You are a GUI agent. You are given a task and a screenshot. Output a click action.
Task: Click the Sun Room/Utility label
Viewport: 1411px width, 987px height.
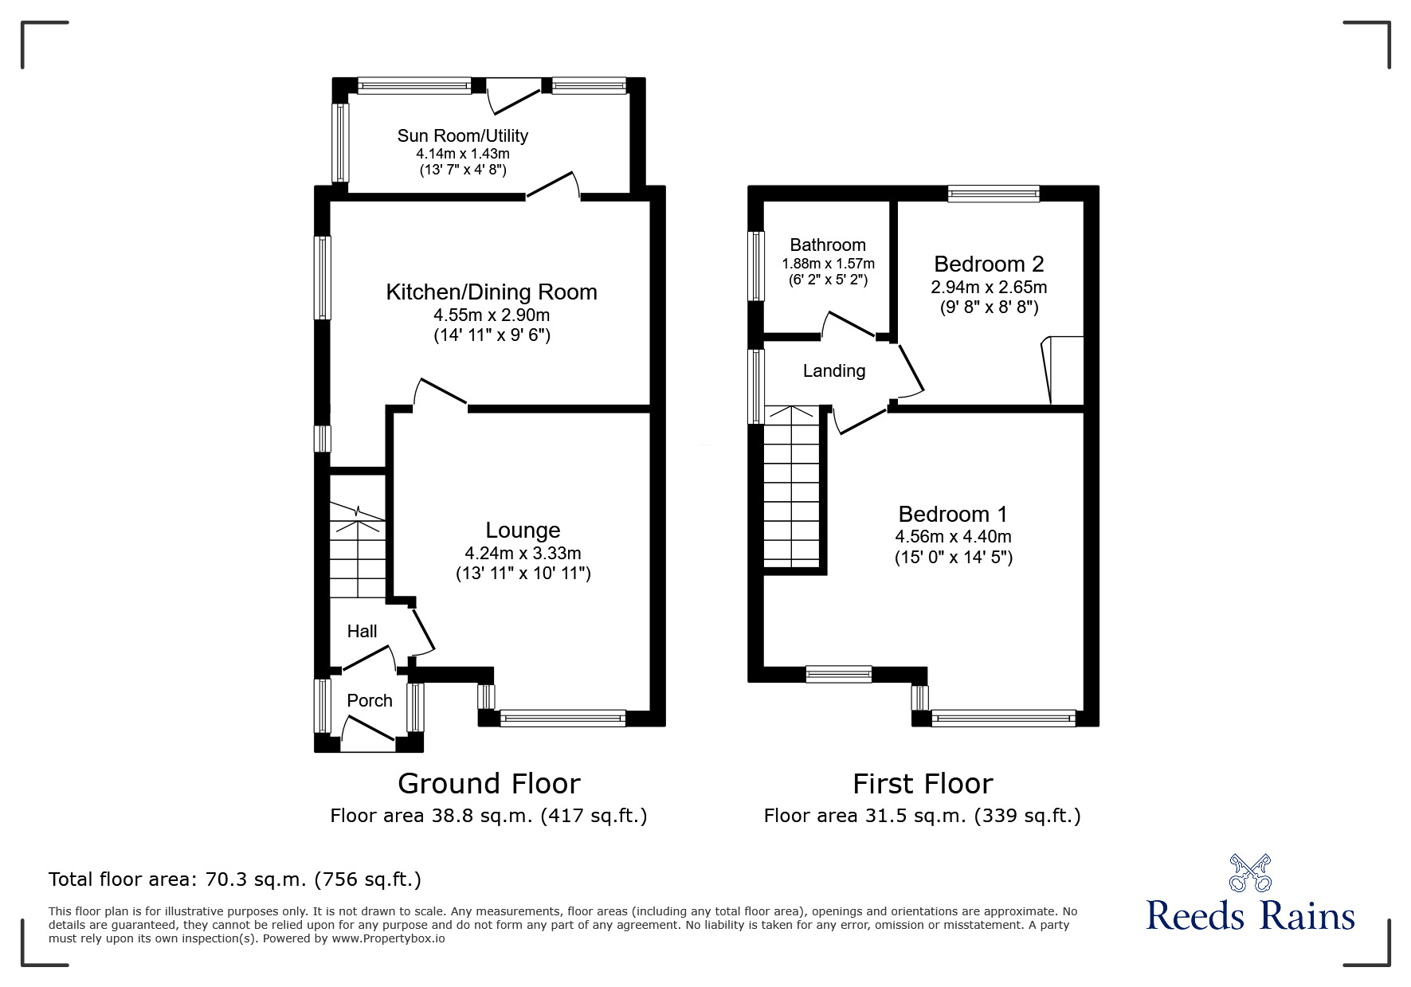(x=462, y=135)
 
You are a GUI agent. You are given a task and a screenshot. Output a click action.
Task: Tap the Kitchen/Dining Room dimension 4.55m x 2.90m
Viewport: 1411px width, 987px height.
(x=492, y=315)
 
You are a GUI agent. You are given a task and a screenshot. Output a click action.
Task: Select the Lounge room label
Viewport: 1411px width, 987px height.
(x=523, y=530)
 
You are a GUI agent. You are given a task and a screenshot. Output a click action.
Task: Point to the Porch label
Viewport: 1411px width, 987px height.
(x=370, y=700)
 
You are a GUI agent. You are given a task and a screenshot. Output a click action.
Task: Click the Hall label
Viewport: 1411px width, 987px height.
(x=362, y=631)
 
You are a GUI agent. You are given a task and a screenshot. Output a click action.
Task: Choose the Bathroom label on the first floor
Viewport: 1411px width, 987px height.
(x=828, y=245)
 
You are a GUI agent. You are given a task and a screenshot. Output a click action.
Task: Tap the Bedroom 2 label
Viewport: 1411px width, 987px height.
(x=989, y=264)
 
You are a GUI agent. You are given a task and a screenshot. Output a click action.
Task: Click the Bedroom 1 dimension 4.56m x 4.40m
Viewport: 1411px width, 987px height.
(x=953, y=537)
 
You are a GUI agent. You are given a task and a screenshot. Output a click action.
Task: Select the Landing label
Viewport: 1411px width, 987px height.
(x=833, y=370)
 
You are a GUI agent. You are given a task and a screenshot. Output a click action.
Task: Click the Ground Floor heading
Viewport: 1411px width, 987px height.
(x=488, y=784)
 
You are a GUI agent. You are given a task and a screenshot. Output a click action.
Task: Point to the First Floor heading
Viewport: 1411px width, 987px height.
(x=923, y=784)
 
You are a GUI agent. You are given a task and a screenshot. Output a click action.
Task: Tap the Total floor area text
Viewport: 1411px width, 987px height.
(x=235, y=879)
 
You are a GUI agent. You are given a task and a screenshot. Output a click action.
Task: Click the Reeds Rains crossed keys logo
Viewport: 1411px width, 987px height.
(x=1250, y=872)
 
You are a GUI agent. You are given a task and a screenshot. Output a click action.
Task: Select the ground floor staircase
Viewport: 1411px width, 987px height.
(x=358, y=550)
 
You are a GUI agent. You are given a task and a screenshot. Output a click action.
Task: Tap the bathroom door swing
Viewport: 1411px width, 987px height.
(x=850, y=326)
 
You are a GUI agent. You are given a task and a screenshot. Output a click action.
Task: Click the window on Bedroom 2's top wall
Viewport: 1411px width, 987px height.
(x=994, y=193)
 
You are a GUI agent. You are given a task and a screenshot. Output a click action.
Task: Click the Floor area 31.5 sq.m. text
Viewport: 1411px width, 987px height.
(x=922, y=816)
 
